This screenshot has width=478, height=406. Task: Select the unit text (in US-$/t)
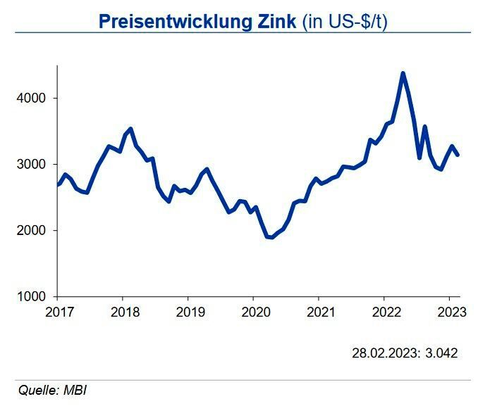click(x=345, y=20)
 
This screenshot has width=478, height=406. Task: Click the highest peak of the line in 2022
click(x=403, y=73)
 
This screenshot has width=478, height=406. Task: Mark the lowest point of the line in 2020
click(x=271, y=237)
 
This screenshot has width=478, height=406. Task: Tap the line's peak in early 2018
click(x=130, y=129)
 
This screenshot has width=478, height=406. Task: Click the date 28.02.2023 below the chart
click(x=385, y=353)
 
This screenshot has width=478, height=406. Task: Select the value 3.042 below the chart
click(x=441, y=353)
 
